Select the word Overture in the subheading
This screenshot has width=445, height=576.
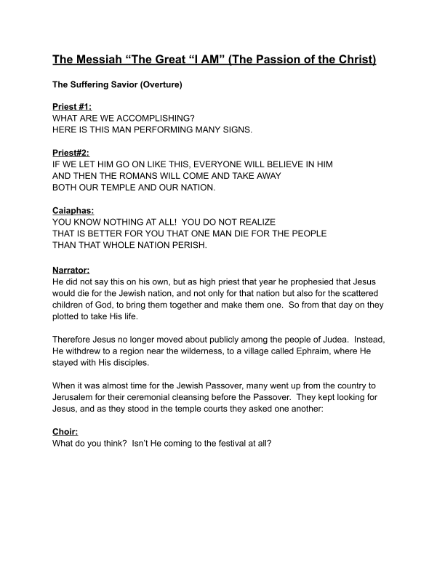[160, 86]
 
